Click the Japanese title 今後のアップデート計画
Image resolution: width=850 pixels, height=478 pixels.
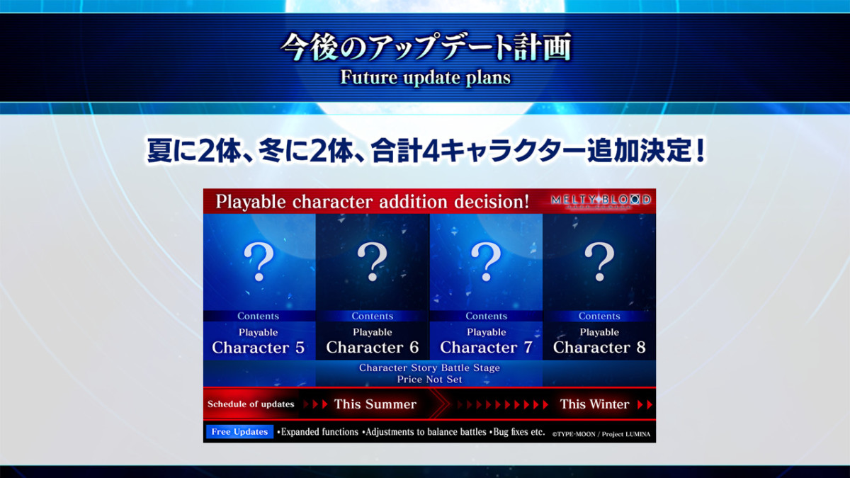[x=426, y=47]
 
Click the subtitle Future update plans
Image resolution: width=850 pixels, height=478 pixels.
[x=426, y=77]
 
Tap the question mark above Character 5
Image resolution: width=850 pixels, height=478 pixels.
[x=259, y=262]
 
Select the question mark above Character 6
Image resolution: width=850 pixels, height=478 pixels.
[x=373, y=262]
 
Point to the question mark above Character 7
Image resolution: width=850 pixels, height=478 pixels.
[x=486, y=262]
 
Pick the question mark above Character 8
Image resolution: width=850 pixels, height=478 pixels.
[x=599, y=262]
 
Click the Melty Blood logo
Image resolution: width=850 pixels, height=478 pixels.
[x=601, y=201]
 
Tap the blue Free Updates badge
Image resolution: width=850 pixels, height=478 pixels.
[x=239, y=432]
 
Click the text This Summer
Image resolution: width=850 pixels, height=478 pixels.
[x=375, y=404]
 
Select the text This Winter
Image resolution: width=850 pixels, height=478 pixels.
[x=594, y=404]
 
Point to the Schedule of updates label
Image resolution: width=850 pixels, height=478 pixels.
[x=251, y=404]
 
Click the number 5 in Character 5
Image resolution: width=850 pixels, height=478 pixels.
[x=300, y=348]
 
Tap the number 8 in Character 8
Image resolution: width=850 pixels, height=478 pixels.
[x=641, y=347]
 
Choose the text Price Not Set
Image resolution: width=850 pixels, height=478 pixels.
[x=429, y=380]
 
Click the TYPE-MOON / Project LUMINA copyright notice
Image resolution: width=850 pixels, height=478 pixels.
[x=601, y=434]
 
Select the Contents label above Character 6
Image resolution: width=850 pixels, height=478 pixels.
[x=373, y=316]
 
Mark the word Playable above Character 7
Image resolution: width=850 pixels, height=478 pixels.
[x=487, y=332]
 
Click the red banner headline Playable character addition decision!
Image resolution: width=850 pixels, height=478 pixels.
[x=373, y=201]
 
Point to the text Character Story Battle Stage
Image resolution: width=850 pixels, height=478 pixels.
[x=429, y=368]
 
